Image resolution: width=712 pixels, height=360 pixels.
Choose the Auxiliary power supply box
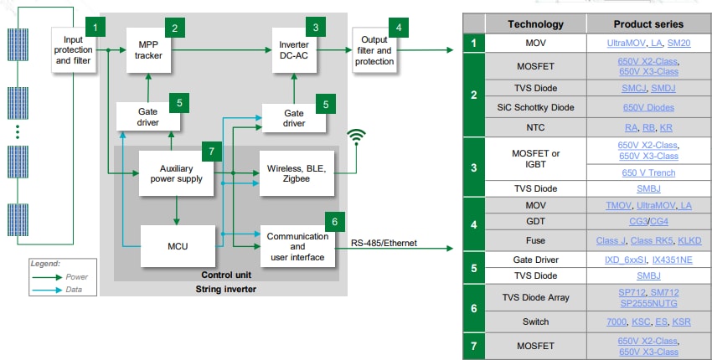177,172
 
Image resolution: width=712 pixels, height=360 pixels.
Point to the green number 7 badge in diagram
213,152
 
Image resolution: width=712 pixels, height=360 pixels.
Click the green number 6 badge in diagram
334,222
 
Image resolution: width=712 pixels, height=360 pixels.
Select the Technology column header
536,24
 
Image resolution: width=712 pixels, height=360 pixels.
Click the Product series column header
648,24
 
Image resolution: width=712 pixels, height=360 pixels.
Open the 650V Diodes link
648,107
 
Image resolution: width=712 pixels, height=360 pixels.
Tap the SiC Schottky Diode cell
536,107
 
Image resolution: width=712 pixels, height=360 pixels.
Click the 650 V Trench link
648,172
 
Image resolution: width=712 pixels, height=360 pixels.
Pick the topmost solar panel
18,50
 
